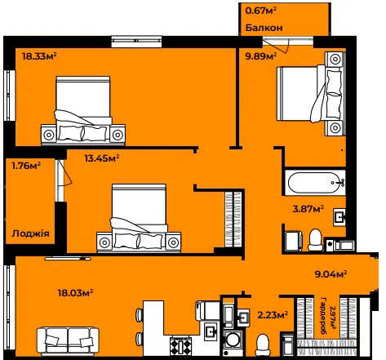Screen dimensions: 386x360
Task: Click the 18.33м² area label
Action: (39, 56)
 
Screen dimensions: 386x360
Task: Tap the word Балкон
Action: (264, 28)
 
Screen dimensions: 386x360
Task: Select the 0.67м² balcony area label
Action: (261, 11)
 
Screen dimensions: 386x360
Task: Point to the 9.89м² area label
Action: (261, 56)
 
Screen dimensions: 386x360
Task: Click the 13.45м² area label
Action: (102, 158)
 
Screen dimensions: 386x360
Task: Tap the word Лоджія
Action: (30, 233)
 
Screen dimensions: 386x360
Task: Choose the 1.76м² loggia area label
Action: (26, 166)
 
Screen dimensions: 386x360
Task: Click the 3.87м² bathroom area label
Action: (308, 209)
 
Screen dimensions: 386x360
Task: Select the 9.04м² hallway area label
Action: (331, 274)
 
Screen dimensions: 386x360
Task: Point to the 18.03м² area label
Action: (76, 293)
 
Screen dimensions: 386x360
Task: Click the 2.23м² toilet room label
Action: (273, 315)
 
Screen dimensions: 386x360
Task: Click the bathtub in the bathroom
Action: (315, 183)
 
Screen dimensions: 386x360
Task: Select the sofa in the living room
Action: (68, 341)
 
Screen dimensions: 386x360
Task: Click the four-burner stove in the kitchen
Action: (180, 346)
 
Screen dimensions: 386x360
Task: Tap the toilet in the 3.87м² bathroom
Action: (316, 239)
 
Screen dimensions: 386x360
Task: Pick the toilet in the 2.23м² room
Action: (263, 344)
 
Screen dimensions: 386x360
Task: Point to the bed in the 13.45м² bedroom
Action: (139, 218)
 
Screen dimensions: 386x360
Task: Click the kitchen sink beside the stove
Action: (211, 331)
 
